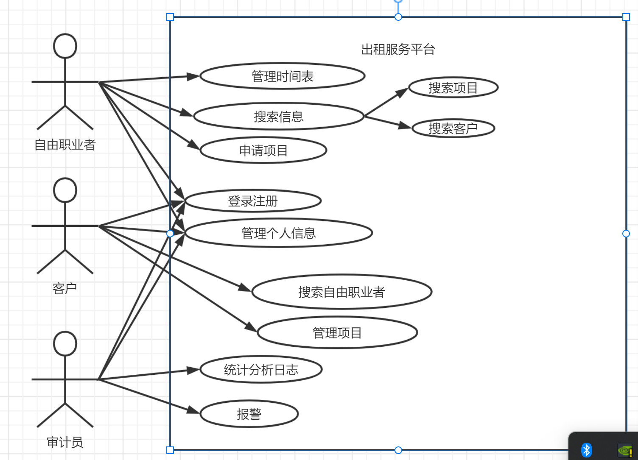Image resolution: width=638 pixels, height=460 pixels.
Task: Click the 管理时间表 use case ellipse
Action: click(x=282, y=76)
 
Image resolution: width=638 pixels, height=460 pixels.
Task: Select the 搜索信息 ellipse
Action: click(x=278, y=116)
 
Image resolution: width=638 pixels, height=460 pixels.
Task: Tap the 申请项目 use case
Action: click(x=263, y=150)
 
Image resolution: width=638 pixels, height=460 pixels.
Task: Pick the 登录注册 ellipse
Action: click(x=252, y=201)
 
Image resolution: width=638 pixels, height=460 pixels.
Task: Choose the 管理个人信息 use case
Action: click(x=278, y=233)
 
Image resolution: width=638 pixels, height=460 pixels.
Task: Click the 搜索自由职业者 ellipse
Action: click(x=341, y=292)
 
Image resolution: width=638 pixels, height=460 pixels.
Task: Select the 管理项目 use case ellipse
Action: click(x=337, y=333)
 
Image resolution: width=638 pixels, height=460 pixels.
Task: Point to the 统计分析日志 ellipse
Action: click(x=261, y=370)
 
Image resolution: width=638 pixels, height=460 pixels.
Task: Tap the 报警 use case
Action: click(x=249, y=414)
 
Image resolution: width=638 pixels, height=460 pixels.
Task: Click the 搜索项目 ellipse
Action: click(x=453, y=88)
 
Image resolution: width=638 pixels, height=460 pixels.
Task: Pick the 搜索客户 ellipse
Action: click(x=453, y=128)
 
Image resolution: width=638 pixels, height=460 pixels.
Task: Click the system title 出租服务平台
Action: click(x=398, y=50)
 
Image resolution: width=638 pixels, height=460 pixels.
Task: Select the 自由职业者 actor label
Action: click(x=65, y=145)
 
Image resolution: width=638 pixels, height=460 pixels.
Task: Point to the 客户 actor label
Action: click(x=65, y=288)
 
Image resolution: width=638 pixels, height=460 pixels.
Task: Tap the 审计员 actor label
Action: click(x=65, y=442)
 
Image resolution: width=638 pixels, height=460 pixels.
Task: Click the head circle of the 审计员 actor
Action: click(x=65, y=344)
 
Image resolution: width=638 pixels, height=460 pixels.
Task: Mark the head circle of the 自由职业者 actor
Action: click(x=65, y=46)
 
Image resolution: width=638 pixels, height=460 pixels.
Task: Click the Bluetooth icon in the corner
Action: click(x=587, y=450)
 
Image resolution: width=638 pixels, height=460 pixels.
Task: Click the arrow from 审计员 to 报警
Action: click(x=148, y=396)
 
